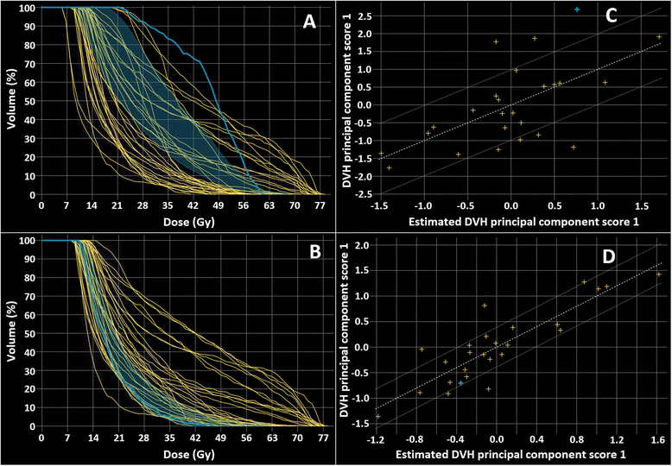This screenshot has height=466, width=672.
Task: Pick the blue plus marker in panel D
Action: click(x=460, y=382)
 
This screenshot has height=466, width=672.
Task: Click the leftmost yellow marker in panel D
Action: click(x=377, y=417)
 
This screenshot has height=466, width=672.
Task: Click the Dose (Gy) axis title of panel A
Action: click(x=181, y=220)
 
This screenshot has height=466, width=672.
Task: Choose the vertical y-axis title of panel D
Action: click(x=346, y=333)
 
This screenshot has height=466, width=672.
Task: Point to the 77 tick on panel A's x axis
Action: click(x=320, y=207)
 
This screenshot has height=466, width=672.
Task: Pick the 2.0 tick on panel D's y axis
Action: click(x=364, y=246)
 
